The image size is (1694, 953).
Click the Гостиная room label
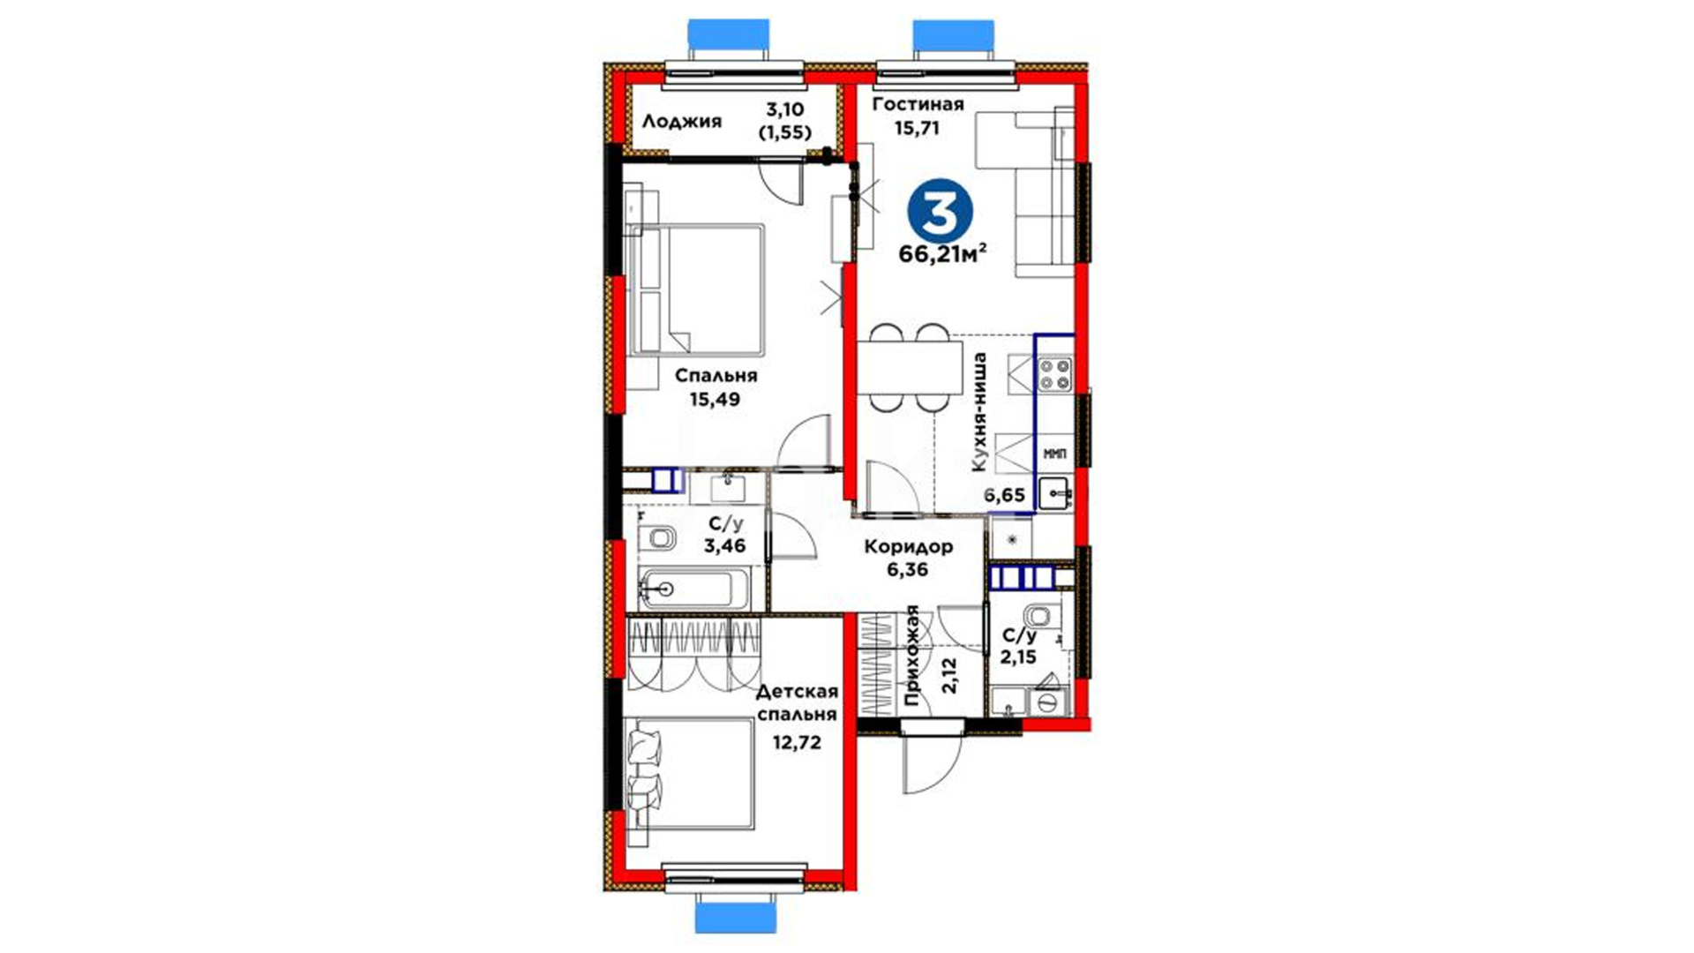pos(918,105)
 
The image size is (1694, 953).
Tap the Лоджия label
pos(681,122)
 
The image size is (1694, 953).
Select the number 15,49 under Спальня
pos(716,399)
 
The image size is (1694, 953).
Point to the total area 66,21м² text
pos(942,254)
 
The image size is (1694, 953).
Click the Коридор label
pos(909,546)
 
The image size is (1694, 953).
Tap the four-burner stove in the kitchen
pos(1054,373)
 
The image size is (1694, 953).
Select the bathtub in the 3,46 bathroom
pos(694,589)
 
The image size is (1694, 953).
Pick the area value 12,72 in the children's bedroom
pos(798,742)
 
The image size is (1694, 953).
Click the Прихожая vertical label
pos(913,657)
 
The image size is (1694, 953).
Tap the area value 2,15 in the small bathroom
pos(1018,657)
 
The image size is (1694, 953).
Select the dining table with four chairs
pos(910,367)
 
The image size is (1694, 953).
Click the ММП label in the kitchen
pos(1054,454)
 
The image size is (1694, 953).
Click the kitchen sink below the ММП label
pos(1055,493)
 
